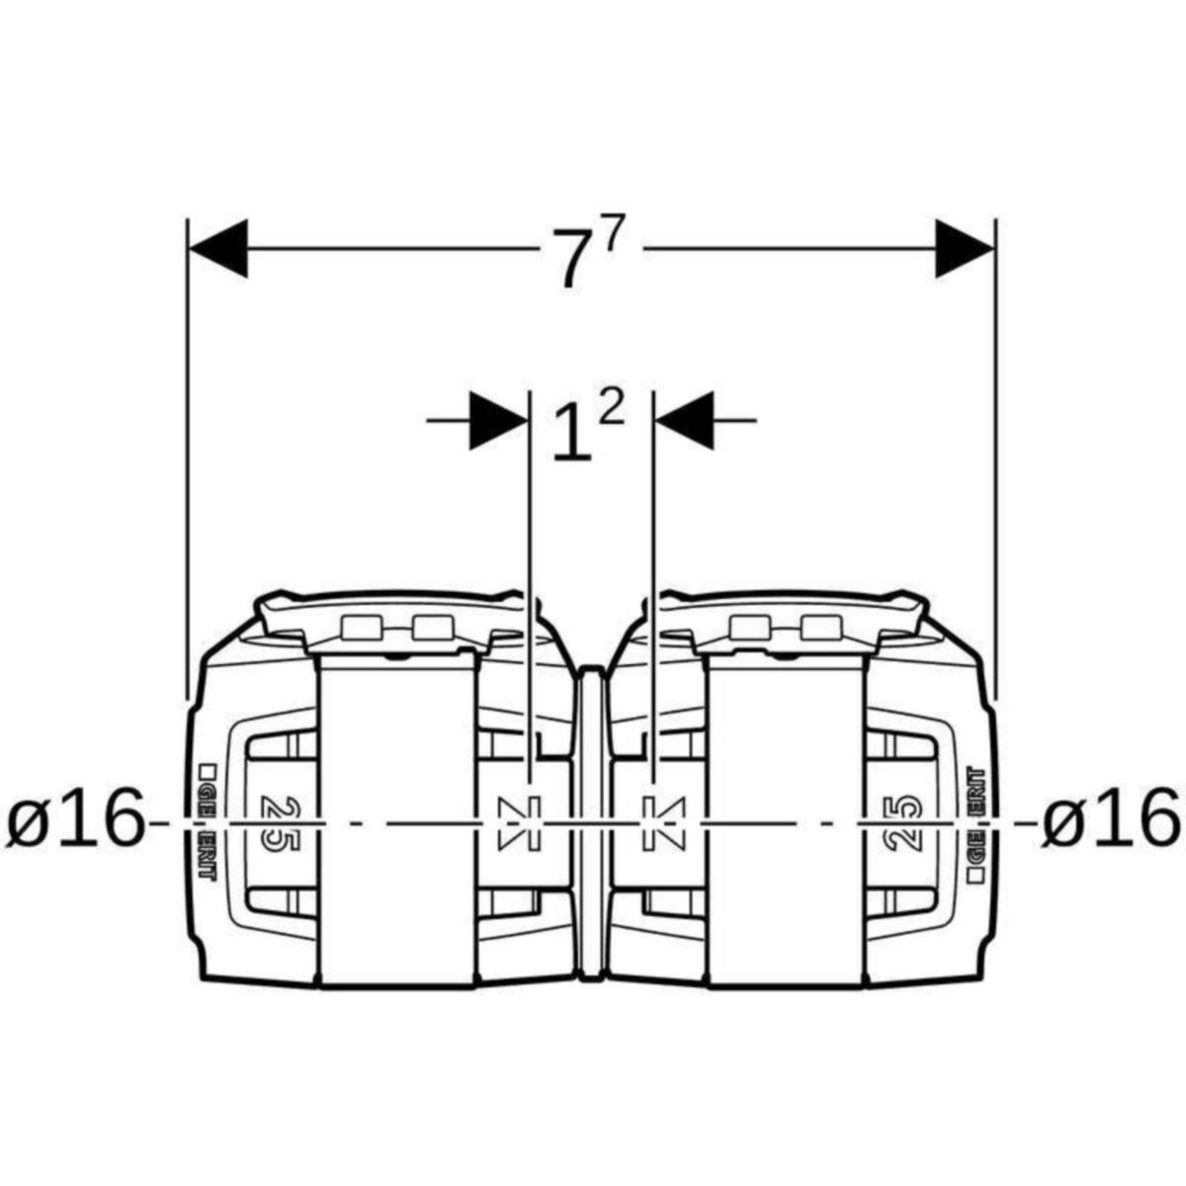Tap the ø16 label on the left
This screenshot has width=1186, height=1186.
[74, 819]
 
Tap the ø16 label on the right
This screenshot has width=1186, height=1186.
[1111, 819]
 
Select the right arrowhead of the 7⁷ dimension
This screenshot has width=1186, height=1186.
[966, 248]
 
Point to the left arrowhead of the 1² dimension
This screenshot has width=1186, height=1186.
[498, 421]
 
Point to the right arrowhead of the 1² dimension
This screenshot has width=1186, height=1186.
[685, 421]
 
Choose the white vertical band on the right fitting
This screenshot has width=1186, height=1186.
[787, 820]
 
